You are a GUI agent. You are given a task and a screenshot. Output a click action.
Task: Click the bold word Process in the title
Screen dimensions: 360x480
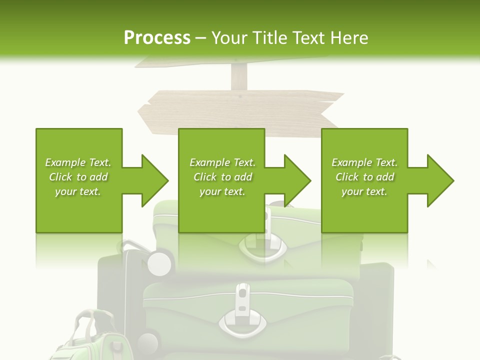click(x=157, y=38)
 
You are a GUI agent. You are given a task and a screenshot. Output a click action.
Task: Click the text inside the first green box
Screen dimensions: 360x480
click(x=78, y=177)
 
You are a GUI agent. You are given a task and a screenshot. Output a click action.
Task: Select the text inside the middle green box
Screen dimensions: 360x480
click(x=222, y=177)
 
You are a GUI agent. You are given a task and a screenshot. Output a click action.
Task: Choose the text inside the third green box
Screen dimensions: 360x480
click(x=364, y=177)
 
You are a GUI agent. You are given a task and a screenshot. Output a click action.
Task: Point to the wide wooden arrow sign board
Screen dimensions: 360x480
click(x=240, y=112)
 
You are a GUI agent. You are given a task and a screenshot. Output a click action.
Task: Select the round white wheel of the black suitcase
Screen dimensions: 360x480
click(x=159, y=262)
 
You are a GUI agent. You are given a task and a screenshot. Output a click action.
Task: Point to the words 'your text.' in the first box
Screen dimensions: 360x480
click(x=78, y=191)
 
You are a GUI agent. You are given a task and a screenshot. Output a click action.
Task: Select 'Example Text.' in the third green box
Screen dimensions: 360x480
click(x=364, y=162)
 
